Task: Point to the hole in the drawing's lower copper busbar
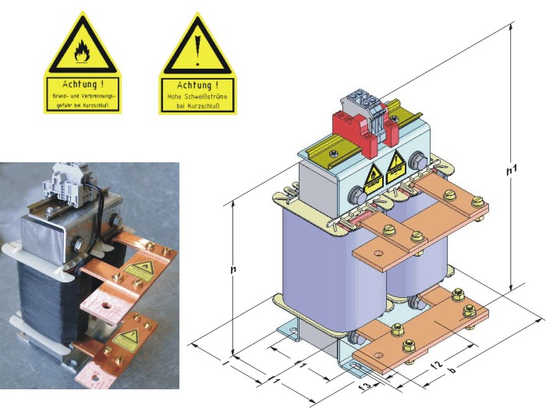pyautogui.click(x=371, y=360)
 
